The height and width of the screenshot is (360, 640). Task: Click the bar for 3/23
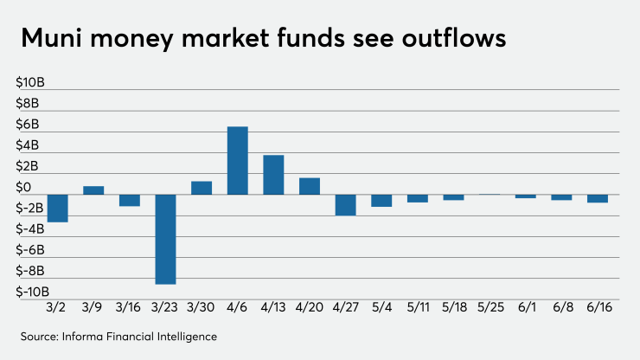pos(165,239)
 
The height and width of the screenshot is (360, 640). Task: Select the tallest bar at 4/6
pos(237,160)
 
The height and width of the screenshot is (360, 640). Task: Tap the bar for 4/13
pos(273,174)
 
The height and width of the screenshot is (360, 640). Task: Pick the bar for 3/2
pos(58,208)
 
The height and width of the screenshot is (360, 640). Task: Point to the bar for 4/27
pos(345,204)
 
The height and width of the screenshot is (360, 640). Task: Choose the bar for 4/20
pos(310,185)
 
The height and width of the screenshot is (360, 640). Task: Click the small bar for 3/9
pos(93,190)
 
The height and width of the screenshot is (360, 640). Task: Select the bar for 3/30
pos(202,187)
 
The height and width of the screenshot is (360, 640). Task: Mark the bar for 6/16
pos(598,198)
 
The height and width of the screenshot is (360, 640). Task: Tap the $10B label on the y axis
pos(31,83)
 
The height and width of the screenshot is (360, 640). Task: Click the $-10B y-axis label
pos(29,292)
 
